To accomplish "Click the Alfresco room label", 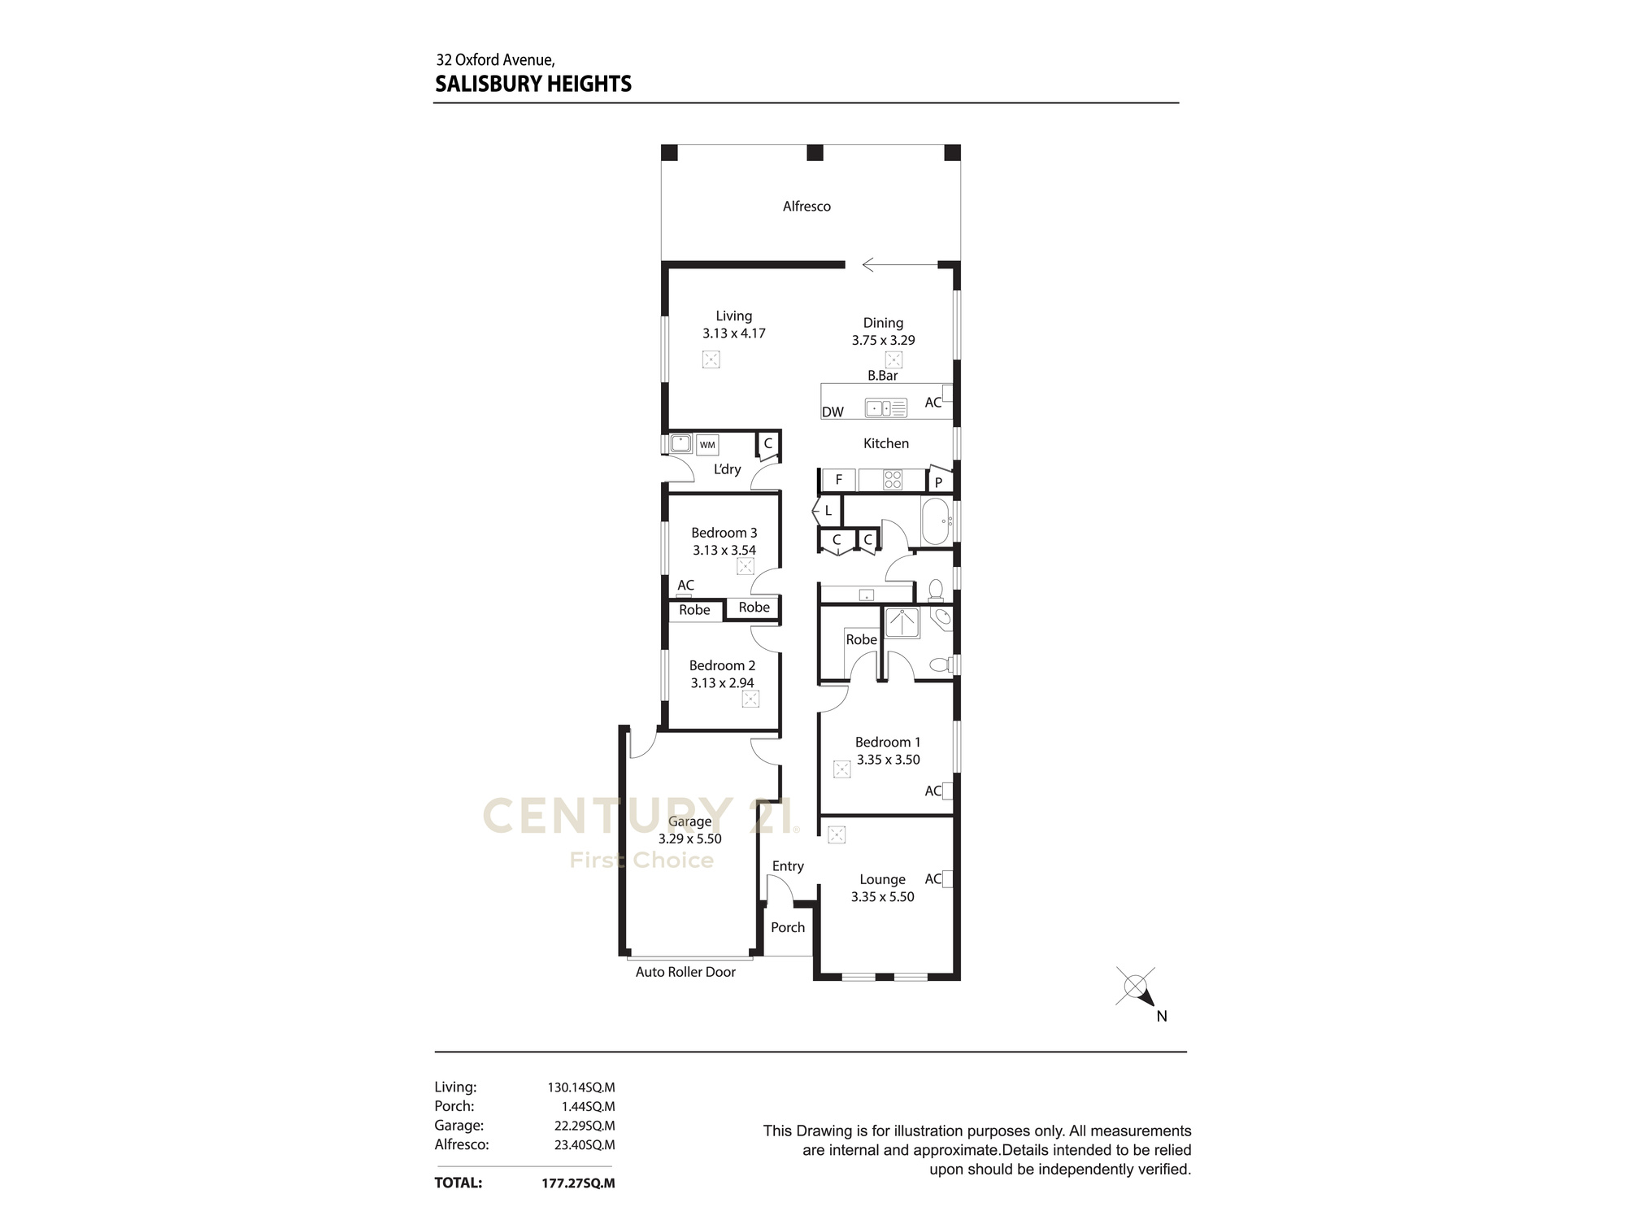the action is pos(806,207).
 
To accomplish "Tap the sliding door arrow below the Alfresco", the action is pos(899,264).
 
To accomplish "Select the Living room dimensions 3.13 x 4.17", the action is pos(734,333).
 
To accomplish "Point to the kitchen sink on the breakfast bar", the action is pos(885,407).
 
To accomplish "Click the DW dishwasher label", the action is pos(833,412).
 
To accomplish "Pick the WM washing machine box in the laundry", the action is pos(707,445).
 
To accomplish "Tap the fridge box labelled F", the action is pos(838,480).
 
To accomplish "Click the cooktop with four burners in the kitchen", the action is pos(893,480).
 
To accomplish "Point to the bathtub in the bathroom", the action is pos(936,521).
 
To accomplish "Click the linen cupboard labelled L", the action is pos(827,511).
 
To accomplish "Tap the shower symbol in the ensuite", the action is pos(902,623).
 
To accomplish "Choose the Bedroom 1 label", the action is pos(888,742).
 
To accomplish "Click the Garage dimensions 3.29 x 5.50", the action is pos(690,839).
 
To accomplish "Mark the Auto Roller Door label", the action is pos(685,972).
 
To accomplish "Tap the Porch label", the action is pos(788,927).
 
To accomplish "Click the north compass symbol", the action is pos(1137,988).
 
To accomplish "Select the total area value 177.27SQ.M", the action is pos(578,1183).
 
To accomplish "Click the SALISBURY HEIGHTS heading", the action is pos(533,84).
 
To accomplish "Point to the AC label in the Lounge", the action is pos(933,879).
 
